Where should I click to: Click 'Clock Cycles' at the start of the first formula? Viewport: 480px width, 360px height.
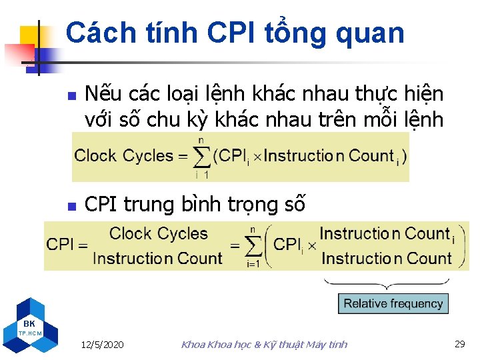click(x=124, y=156)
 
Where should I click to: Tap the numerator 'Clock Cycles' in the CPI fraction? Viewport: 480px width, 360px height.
click(x=158, y=234)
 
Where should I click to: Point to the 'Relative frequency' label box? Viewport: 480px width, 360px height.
click(x=393, y=304)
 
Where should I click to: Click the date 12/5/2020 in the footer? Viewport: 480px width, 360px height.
click(x=101, y=345)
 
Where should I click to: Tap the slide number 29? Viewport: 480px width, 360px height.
click(x=459, y=344)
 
